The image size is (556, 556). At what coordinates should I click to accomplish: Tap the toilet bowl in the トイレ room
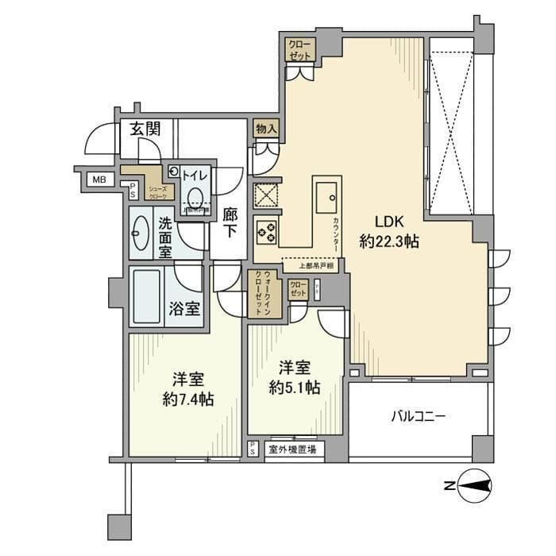pyautogui.click(x=195, y=198)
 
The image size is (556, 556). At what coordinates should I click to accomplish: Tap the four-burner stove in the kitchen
pyautogui.click(x=266, y=232)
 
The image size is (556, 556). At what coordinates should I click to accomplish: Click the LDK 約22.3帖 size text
pyautogui.click(x=388, y=232)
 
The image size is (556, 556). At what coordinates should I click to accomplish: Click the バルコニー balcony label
pyautogui.click(x=418, y=415)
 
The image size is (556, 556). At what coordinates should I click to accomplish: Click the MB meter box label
pyautogui.click(x=98, y=180)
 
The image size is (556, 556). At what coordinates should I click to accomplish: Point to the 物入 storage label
pyautogui.click(x=266, y=129)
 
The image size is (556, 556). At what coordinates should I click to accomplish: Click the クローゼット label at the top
pyautogui.click(x=300, y=48)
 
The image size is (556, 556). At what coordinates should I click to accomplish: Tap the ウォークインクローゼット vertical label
pyautogui.click(x=261, y=295)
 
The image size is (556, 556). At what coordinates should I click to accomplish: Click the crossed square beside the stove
pyautogui.click(x=265, y=195)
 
